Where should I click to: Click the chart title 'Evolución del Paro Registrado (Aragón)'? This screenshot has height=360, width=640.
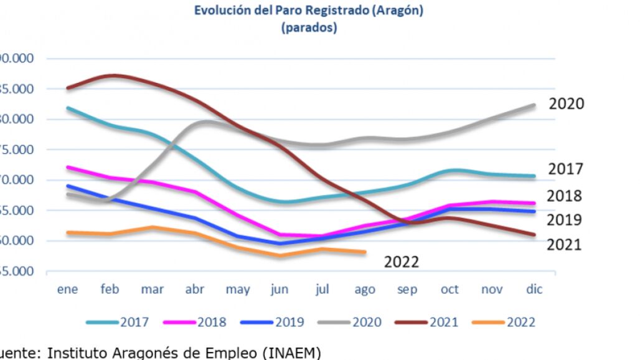(x=309, y=11)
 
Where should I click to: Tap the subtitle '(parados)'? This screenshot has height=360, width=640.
(x=309, y=28)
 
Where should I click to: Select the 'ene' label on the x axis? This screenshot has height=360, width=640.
(x=67, y=290)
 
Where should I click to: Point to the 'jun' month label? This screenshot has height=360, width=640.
(x=280, y=290)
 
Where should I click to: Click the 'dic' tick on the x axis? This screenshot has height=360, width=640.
(x=534, y=290)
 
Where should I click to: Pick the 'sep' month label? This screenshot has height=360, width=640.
(x=407, y=290)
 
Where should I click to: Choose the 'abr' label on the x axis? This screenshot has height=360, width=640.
(x=195, y=290)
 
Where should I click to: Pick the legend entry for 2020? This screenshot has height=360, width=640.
(x=352, y=322)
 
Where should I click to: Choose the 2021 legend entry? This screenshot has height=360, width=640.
(x=430, y=322)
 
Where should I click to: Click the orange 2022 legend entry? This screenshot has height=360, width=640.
(x=507, y=322)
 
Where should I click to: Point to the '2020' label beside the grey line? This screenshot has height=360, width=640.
(x=566, y=104)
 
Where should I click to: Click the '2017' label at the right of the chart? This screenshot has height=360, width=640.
(x=565, y=169)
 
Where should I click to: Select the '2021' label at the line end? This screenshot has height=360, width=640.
(x=563, y=245)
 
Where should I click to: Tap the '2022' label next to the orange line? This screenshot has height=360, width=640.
(x=401, y=262)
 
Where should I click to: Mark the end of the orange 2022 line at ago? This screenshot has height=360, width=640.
(x=365, y=252)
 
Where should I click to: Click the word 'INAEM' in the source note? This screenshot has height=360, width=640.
(x=292, y=353)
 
